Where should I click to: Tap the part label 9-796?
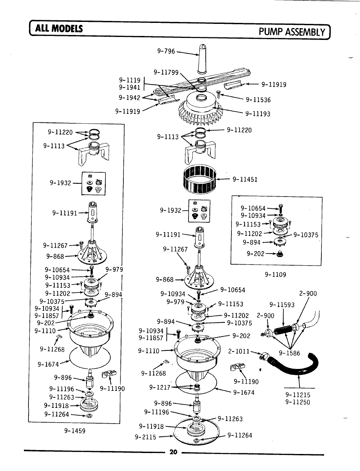[166, 51]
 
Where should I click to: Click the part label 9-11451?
[244, 179]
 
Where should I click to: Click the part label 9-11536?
[258, 100]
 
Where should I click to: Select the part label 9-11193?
[258, 114]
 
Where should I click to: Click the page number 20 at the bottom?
[173, 453]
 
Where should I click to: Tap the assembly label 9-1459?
[75, 431]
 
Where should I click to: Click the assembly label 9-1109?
[275, 275]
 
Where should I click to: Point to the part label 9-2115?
[145, 437]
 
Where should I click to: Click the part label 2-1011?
[239, 352]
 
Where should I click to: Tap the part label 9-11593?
[282, 305]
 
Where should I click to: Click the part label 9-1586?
[289, 353]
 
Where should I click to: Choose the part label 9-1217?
[160, 387]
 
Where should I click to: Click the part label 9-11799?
[166, 72]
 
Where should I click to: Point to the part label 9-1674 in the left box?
[48, 364]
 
